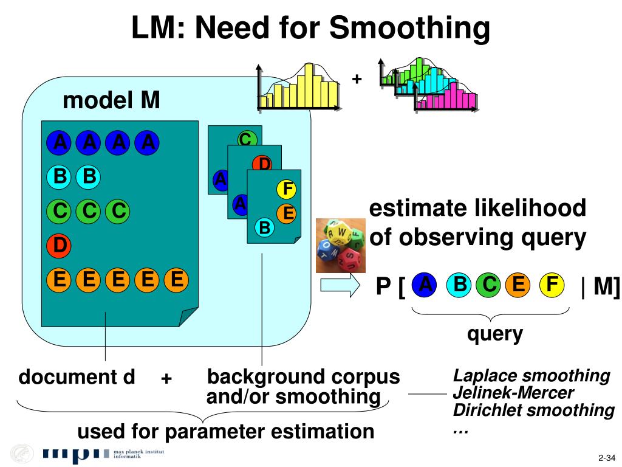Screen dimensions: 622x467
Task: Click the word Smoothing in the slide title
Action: click(409, 28)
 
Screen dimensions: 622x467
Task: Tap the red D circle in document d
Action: click(59, 245)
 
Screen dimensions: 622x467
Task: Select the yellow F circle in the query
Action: click(552, 285)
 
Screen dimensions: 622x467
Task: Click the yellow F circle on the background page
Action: click(287, 189)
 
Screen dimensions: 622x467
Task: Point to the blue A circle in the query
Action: click(425, 285)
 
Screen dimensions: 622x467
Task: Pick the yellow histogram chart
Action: click(299, 86)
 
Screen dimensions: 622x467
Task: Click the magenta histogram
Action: click(446, 98)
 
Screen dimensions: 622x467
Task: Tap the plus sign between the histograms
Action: click(357, 79)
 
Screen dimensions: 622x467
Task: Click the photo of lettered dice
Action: click(340, 246)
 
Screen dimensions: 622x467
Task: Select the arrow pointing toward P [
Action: click(340, 285)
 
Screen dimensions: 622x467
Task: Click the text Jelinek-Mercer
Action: click(513, 393)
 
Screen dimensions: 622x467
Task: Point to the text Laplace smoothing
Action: click(531, 376)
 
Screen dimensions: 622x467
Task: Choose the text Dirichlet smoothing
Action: click(533, 410)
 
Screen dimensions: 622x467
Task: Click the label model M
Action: click(111, 100)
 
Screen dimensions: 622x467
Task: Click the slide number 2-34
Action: click(607, 458)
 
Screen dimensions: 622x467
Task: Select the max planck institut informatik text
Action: click(139, 454)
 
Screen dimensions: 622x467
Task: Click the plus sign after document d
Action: click(166, 378)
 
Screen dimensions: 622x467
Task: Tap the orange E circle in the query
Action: click(518, 285)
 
